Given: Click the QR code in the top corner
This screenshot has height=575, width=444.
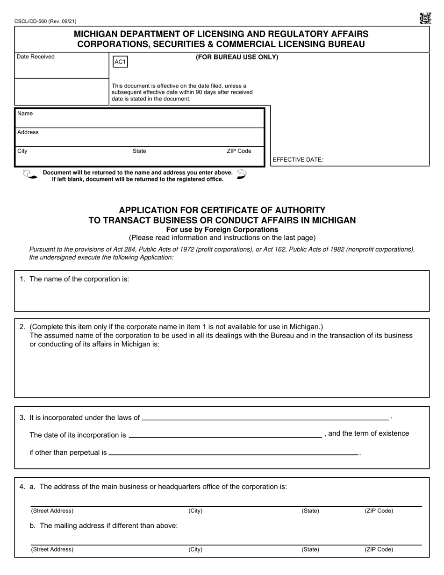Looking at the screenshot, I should coord(425,18).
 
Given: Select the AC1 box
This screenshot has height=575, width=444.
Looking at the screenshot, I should coord(120,62).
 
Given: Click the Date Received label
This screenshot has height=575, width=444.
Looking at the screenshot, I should coord(36,57).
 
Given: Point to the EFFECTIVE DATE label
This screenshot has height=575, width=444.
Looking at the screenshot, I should coord(298,160).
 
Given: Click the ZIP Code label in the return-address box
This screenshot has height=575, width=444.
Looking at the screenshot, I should coord(239,151).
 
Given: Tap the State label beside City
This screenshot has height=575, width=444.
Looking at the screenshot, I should coord(139,151).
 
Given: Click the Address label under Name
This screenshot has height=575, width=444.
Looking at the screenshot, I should coord(28,132).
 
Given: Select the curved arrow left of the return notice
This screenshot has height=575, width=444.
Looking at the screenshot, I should coord(30,174).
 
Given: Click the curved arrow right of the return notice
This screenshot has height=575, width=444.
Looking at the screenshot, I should coord(241,174).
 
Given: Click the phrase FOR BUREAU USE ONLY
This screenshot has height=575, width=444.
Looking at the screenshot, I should coord(236,57).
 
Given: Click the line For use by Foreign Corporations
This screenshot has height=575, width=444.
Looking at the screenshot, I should coord(222,230).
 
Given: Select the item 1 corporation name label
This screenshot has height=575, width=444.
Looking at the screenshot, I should coord(79,279).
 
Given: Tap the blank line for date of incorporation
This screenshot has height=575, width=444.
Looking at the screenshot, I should coord(225,436).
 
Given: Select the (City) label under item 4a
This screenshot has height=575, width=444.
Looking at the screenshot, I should coord(195,511).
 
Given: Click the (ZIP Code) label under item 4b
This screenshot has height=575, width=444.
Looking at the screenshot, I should coord(379,550).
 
